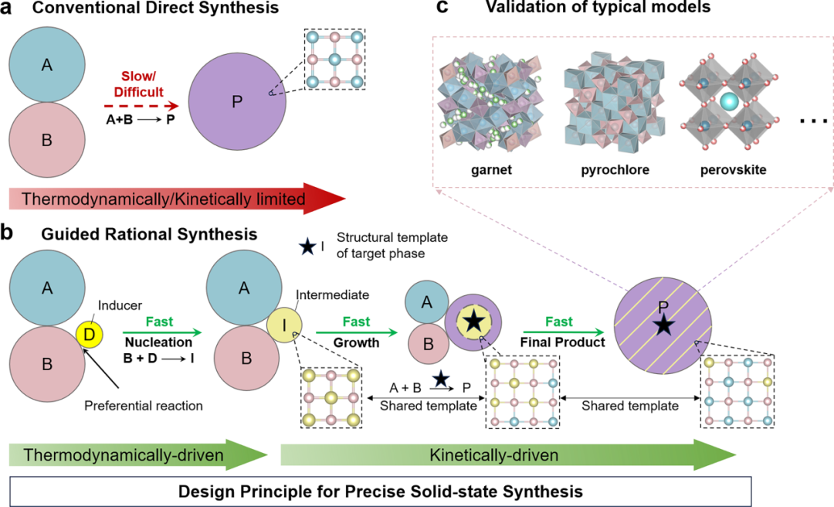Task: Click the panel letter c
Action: click(442, 10)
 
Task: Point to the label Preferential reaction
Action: click(142, 404)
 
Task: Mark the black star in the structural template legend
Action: click(308, 247)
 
